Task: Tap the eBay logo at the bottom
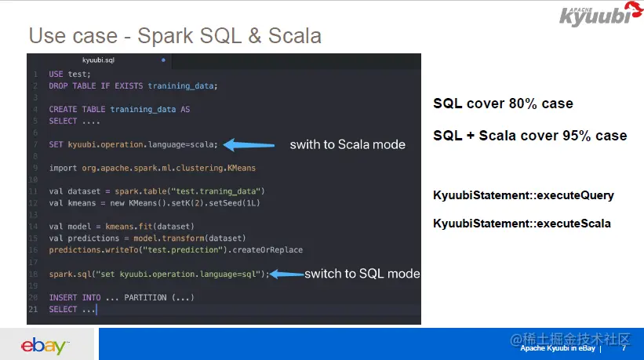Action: (x=45, y=344)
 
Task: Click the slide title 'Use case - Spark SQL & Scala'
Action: (x=174, y=35)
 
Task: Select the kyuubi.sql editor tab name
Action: (x=99, y=60)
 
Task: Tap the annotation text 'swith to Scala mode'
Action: (x=347, y=144)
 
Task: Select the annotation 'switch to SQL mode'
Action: (x=362, y=274)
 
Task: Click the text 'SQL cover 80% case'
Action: (x=503, y=104)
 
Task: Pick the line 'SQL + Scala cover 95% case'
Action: (x=529, y=136)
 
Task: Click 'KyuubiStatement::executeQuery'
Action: (x=523, y=195)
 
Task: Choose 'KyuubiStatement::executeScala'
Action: (x=522, y=224)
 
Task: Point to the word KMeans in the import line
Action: (x=239, y=168)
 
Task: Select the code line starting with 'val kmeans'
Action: (x=154, y=203)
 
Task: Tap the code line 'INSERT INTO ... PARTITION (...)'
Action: (x=122, y=298)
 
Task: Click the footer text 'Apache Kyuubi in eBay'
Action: (x=557, y=347)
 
